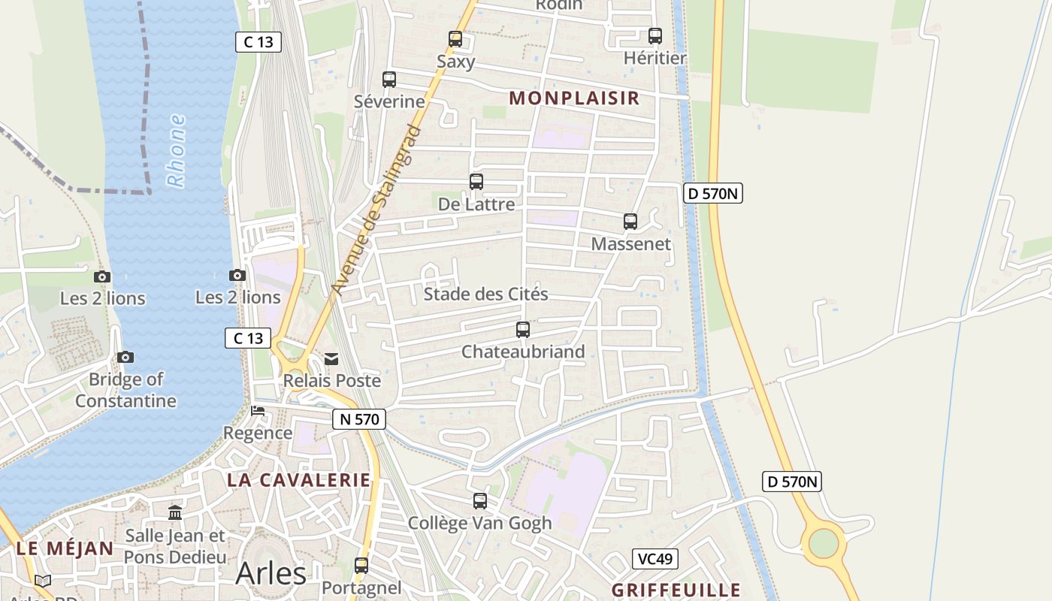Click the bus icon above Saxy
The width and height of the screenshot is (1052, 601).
click(x=455, y=39)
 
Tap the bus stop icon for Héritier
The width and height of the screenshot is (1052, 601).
click(x=655, y=36)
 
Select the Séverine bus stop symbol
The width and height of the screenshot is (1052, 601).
click(x=389, y=80)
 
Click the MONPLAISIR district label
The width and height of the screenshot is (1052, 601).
click(x=574, y=98)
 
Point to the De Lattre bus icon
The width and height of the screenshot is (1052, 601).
click(x=476, y=182)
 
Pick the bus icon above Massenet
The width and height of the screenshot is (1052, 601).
click(x=630, y=222)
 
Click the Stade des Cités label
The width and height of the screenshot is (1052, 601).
click(x=485, y=294)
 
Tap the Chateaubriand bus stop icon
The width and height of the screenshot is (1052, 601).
click(x=523, y=330)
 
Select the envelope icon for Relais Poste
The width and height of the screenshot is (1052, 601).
click(x=331, y=359)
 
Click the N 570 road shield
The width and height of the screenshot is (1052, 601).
click(x=359, y=419)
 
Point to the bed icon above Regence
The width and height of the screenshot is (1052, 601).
click(x=258, y=411)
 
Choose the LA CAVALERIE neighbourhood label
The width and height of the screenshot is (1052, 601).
click(x=299, y=480)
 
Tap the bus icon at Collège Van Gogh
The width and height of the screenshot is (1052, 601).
click(x=480, y=501)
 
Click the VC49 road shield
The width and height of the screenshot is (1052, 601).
click(x=655, y=559)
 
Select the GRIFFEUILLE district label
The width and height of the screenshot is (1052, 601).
click(x=676, y=590)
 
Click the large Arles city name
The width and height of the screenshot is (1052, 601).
click(x=271, y=573)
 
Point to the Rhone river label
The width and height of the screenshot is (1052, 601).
click(x=176, y=150)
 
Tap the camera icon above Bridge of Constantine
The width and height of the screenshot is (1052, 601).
click(x=125, y=357)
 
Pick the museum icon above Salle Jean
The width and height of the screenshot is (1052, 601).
click(x=175, y=512)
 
